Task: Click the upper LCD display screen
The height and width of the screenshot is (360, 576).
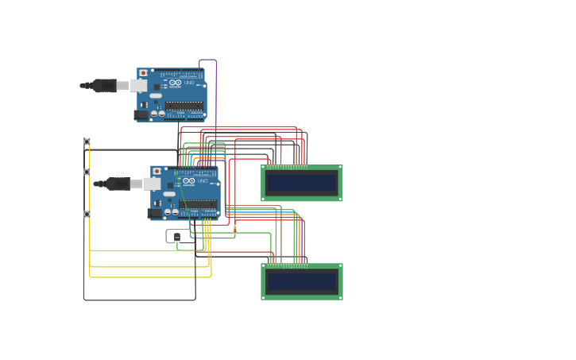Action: [x=302, y=183]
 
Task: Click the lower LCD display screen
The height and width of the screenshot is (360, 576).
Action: [x=302, y=281]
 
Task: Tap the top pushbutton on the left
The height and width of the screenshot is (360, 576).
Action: [x=87, y=141]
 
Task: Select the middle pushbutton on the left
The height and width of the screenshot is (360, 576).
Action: [x=87, y=172]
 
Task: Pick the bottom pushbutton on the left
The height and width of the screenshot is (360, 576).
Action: [x=87, y=214]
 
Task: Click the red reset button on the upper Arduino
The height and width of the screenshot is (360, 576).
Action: [x=143, y=73]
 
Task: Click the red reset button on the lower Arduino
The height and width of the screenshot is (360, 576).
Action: [x=157, y=171]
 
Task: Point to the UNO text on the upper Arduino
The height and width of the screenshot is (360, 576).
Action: [x=189, y=83]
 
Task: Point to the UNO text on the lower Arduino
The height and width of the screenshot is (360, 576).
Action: [x=203, y=181]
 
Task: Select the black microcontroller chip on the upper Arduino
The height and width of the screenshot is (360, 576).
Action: [x=184, y=105]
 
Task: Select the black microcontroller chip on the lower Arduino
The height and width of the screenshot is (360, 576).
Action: [x=198, y=203]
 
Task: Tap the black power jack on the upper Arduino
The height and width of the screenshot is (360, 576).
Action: [x=141, y=114]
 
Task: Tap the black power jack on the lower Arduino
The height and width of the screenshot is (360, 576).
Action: [x=155, y=213]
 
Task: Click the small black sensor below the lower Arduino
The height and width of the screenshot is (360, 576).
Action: [x=176, y=237]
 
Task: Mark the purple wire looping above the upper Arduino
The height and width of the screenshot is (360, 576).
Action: [x=208, y=60]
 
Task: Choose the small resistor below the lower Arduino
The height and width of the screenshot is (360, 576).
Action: [x=234, y=229]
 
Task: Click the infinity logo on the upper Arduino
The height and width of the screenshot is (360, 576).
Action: [x=176, y=83]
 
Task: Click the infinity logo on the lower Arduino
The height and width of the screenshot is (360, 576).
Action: [x=189, y=181]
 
